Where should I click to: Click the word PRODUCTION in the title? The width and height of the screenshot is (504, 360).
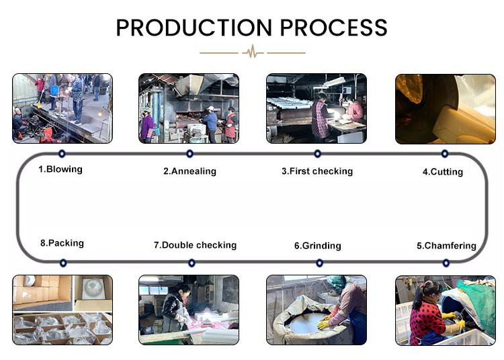tap(194, 28)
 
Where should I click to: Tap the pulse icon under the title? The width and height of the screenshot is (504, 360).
tap(252, 52)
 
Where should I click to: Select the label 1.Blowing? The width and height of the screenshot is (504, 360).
tap(60, 169)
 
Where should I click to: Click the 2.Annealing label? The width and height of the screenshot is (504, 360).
tap(190, 171)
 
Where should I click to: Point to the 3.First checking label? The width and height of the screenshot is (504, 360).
tap(317, 171)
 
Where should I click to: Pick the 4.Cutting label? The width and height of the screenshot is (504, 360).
tap(442, 172)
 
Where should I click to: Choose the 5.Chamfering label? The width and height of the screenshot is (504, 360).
tap(446, 246)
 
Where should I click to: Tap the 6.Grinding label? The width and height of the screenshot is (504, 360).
tap(317, 246)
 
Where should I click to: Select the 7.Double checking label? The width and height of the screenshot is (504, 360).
tap(195, 245)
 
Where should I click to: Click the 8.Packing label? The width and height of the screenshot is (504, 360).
tap(62, 243)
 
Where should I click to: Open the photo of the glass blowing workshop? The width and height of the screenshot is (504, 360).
tap(62, 108)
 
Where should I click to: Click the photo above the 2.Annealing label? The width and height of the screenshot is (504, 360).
tap(189, 108)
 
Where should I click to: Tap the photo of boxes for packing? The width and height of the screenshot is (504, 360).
tap(62, 310)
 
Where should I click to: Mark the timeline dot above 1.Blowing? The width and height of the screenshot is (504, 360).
tap(62, 154)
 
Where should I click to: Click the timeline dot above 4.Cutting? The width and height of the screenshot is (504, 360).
tap(445, 154)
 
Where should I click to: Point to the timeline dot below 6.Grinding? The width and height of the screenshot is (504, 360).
tap(319, 263)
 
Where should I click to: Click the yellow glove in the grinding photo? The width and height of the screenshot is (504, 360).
tap(325, 324)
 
